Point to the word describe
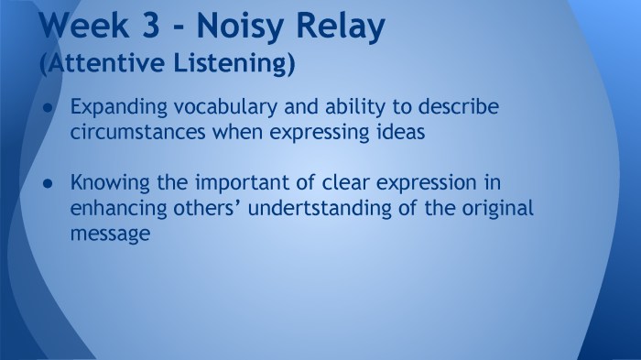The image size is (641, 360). click(456, 107)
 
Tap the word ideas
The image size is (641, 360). click(402, 131)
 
